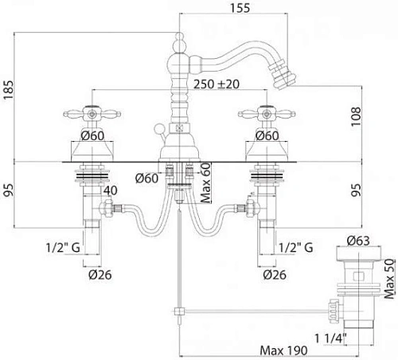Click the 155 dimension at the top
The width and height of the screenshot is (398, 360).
pyautogui.click(x=240, y=7)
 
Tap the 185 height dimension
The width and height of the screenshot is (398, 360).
pyautogui.click(x=8, y=89)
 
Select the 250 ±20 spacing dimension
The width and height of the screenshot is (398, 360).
pyautogui.click(x=217, y=84)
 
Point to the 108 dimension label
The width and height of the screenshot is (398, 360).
pyautogui.click(x=357, y=116)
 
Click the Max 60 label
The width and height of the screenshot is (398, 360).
pyautogui.click(x=206, y=183)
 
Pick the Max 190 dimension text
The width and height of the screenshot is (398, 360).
pyautogui.click(x=283, y=350)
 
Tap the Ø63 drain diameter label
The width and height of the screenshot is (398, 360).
pyautogui.click(x=358, y=241)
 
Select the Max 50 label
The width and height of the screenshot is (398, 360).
pyautogui.click(x=389, y=279)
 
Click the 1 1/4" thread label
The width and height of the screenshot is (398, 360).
pyautogui.click(x=330, y=338)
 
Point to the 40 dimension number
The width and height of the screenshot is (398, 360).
pyautogui.click(x=111, y=190)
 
